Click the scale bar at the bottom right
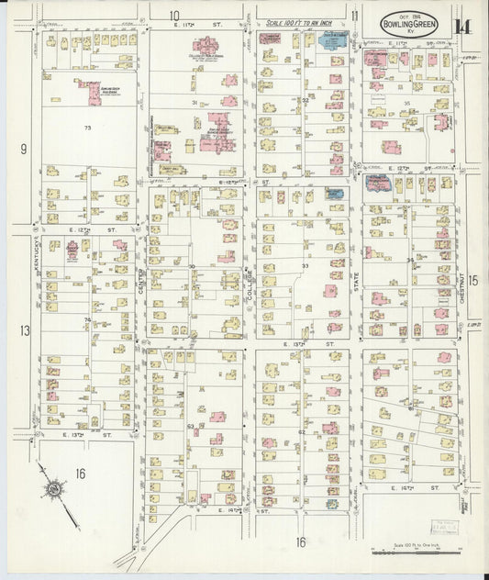(x=416, y=551)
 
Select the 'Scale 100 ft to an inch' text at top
(x=298, y=21)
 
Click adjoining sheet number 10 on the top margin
(x=174, y=16)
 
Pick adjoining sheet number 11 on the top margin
(x=354, y=17)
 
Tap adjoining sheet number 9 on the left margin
(x=25, y=149)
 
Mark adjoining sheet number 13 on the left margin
(x=25, y=330)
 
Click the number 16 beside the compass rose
(x=81, y=474)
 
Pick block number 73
(x=88, y=126)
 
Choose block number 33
(x=305, y=265)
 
